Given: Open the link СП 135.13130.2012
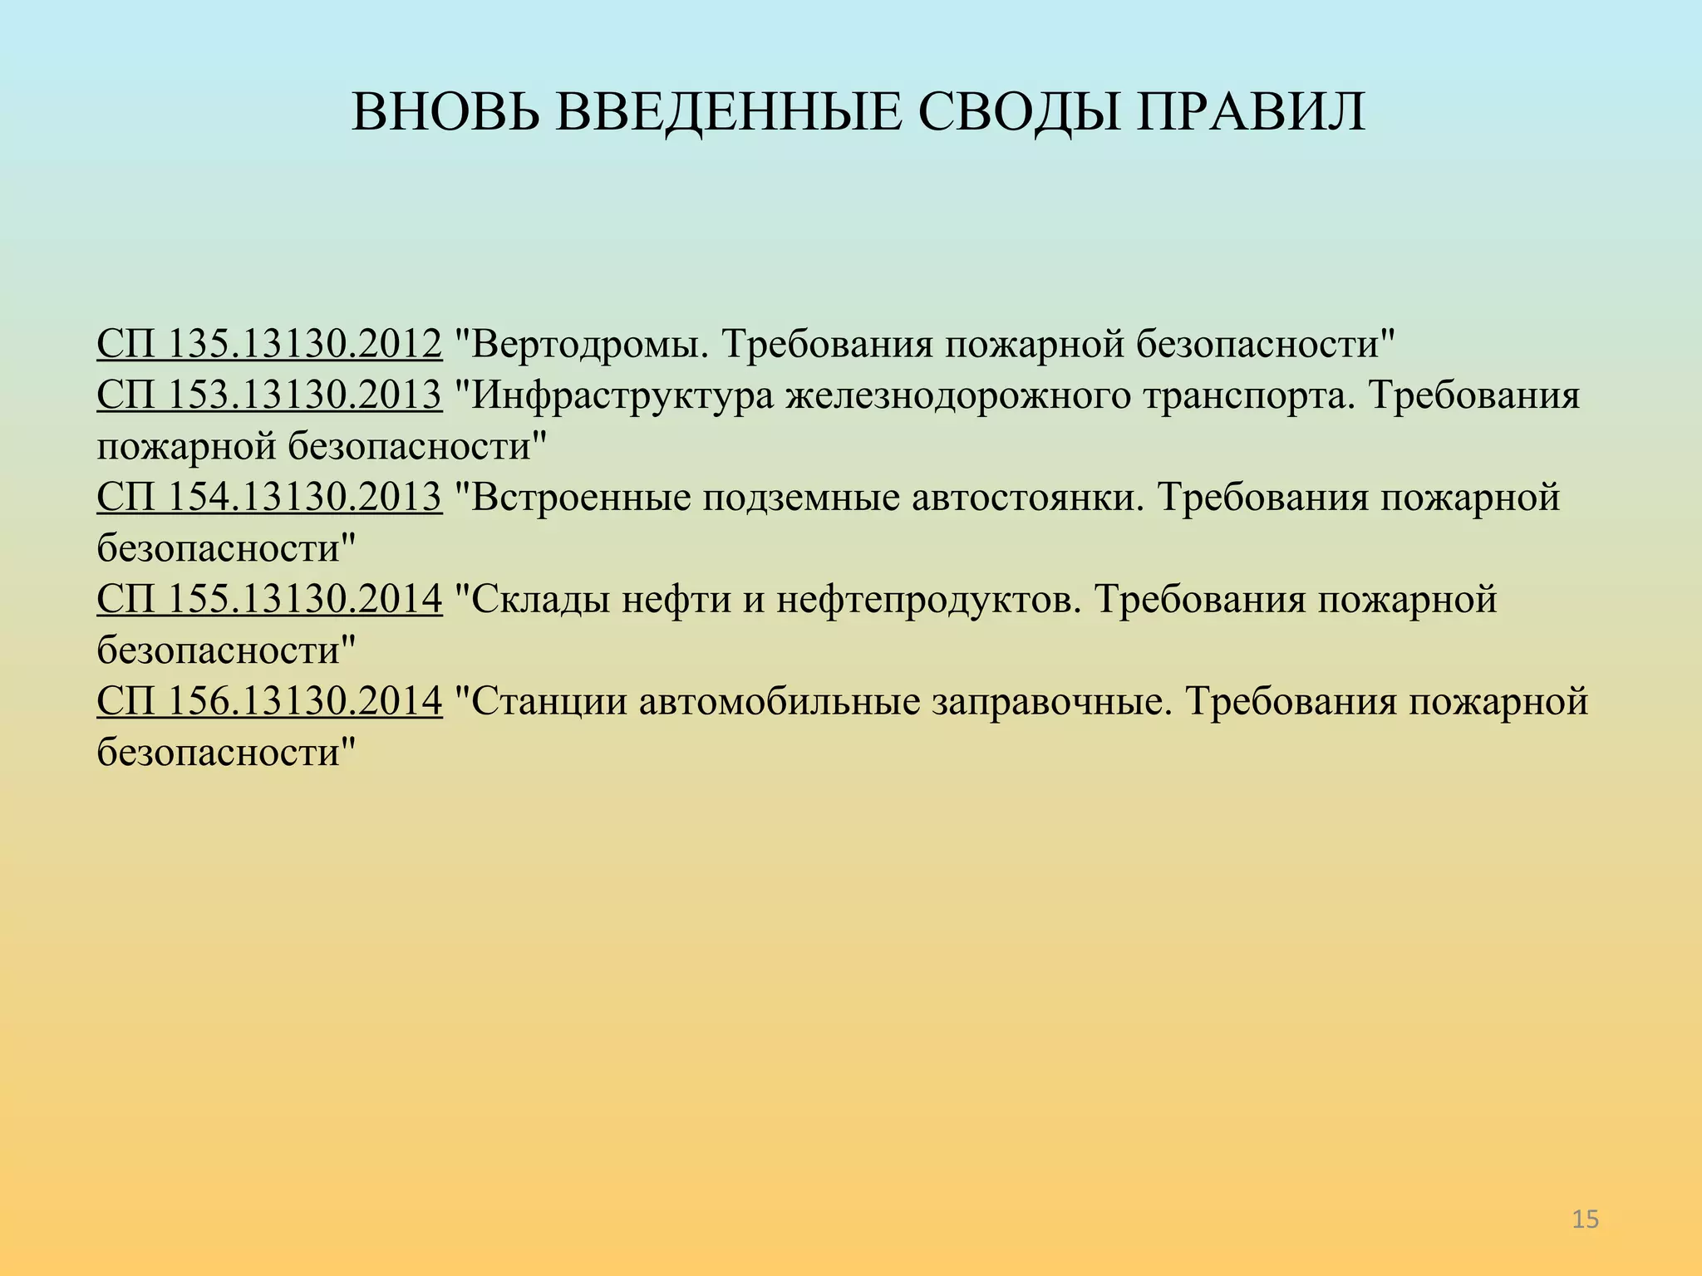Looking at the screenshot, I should pos(269,344).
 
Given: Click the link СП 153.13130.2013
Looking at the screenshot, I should pos(269,395).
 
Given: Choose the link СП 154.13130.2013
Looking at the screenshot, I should pos(269,498).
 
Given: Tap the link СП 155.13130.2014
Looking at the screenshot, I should pos(269,599).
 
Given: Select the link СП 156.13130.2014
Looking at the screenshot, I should pos(269,701).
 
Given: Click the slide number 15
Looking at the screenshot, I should pos(1586,1220).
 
